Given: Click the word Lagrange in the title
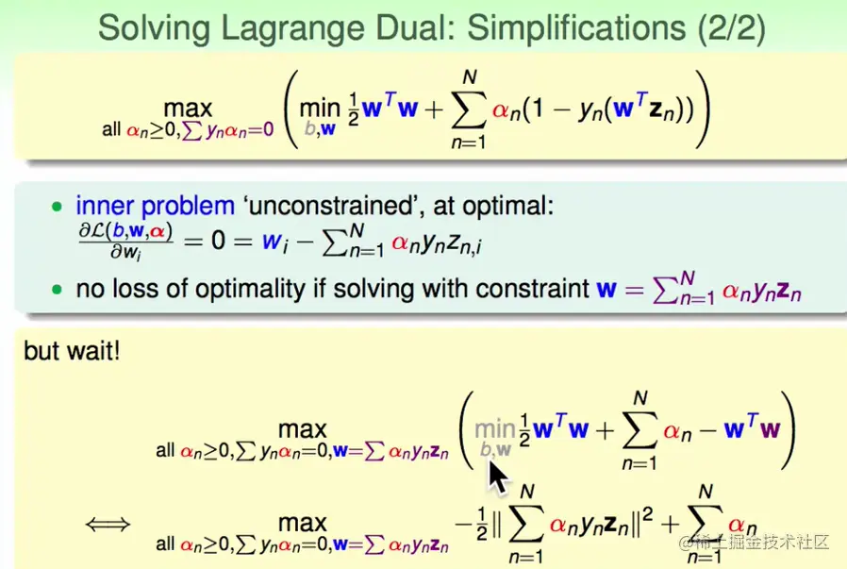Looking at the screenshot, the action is coord(291,27).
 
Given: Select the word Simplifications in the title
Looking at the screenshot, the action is coord(576,27).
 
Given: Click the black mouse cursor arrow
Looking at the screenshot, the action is coord(499,477).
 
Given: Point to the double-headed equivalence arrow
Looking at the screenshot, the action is coord(108,524).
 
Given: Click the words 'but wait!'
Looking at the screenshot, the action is coord(72,351).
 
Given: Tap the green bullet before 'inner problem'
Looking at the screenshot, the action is coord(57,207).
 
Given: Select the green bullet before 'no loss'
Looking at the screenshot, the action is coord(57,290).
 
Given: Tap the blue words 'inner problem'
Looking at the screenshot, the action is coord(156,207).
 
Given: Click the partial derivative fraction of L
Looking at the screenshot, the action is coord(125,241).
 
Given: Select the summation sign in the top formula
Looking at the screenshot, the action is coord(469,109).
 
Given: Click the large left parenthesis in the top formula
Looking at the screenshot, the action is coord(291,109).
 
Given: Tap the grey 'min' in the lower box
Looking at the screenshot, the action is coord(494,429).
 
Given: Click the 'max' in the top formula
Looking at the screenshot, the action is coord(188,109).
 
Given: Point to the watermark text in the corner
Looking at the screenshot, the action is coord(754,541).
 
